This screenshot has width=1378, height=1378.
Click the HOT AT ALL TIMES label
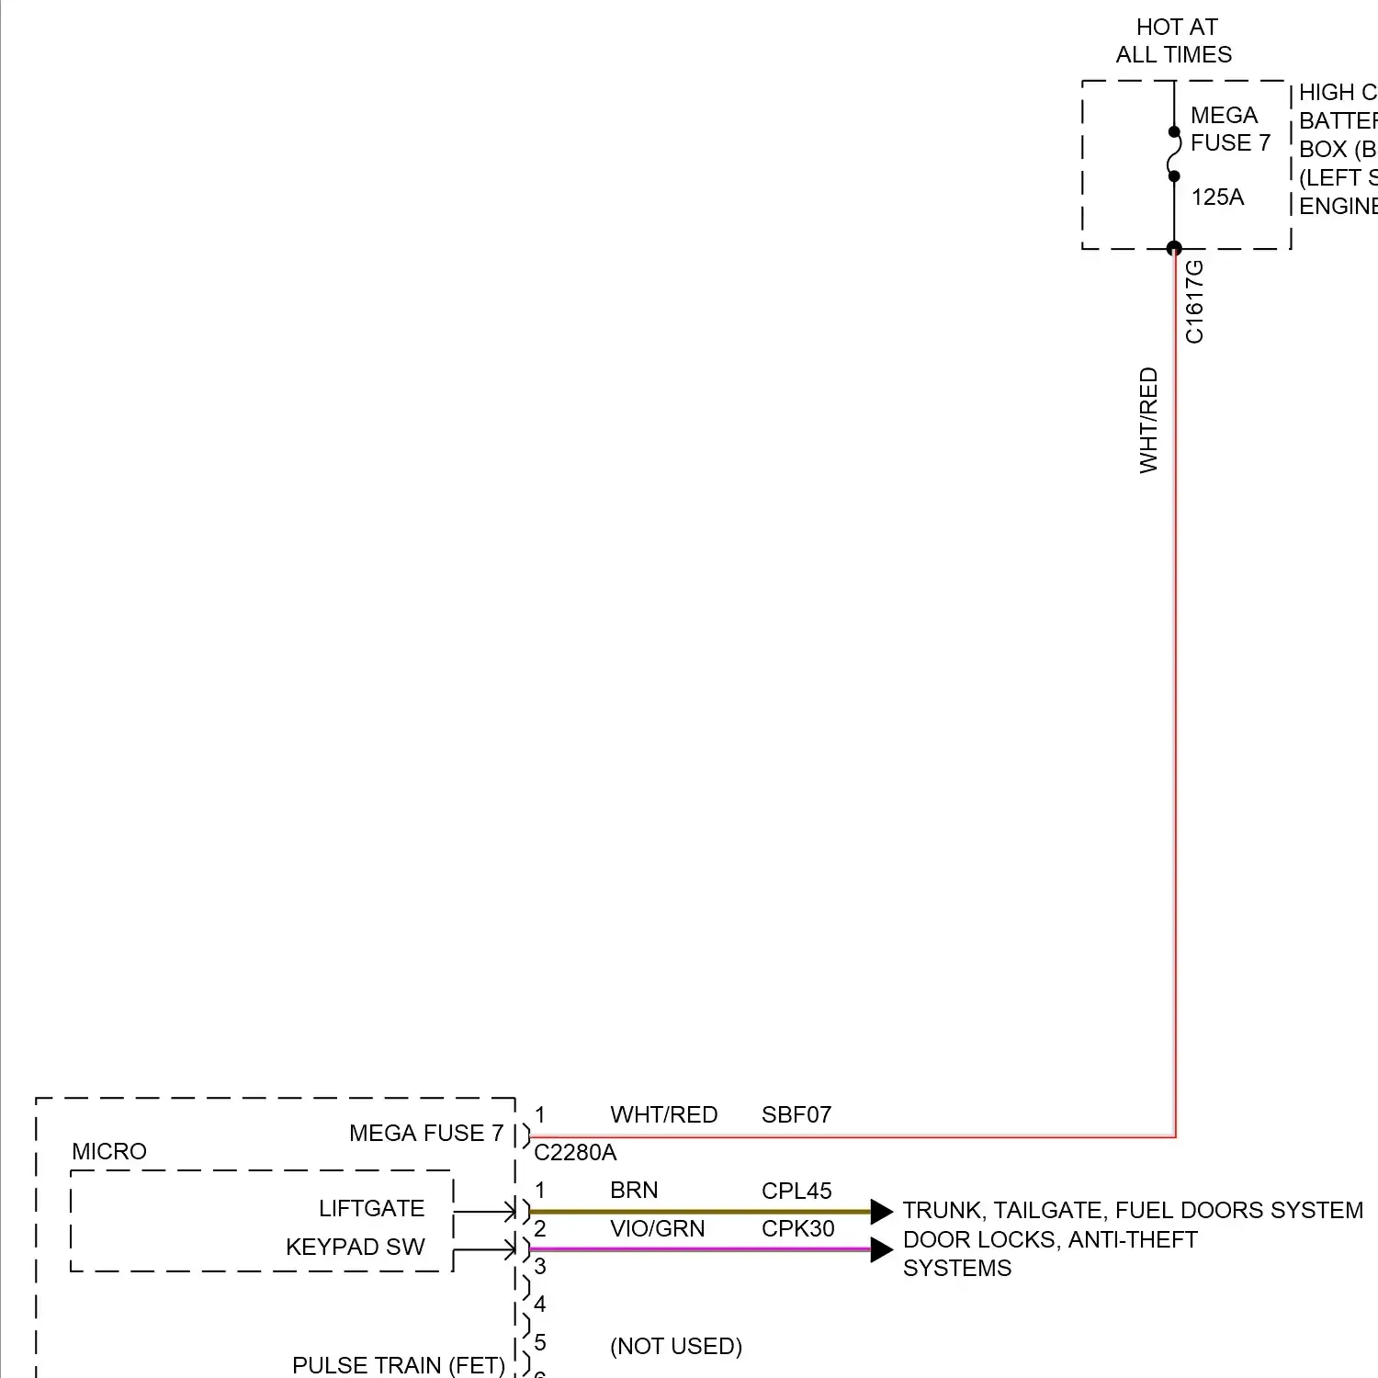pos(1175,41)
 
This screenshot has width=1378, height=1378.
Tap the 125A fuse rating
pos(1217,198)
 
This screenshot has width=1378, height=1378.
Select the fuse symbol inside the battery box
pos(1174,154)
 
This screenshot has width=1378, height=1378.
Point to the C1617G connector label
pos(1194,301)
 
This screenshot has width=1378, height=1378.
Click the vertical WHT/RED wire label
pos(1148,420)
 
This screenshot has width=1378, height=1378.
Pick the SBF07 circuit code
pos(796,1115)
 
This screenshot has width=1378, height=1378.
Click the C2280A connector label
pos(575,1153)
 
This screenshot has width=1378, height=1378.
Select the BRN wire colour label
pos(634,1191)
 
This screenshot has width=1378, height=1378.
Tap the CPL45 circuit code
pos(796,1192)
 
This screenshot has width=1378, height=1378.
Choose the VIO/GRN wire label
pos(657,1229)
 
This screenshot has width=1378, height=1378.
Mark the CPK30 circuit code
pos(797,1229)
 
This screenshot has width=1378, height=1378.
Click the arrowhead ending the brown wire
pos(881,1212)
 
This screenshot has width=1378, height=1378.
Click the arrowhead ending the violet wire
pos(881,1249)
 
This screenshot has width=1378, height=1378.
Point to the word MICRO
pos(109,1152)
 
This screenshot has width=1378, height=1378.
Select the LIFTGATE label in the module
pos(371,1209)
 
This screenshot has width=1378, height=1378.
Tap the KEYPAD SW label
pos(356,1248)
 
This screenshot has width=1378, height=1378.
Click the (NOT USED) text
pos(676,1347)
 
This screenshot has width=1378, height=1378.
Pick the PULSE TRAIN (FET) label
pos(399,1366)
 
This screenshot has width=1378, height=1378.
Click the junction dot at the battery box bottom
pos(1174,248)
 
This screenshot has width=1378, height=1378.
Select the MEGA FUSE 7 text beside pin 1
pos(426,1134)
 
